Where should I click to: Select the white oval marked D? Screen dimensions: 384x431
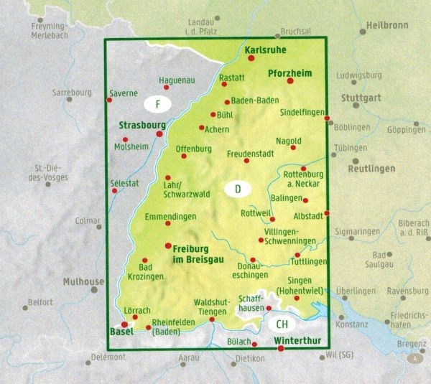238,189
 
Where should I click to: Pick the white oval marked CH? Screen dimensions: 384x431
281,324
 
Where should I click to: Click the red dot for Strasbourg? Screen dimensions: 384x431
160,134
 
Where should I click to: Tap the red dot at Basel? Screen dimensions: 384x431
124,324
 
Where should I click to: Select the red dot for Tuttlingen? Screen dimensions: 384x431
296,254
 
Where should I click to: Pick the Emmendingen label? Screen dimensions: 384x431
170,216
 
